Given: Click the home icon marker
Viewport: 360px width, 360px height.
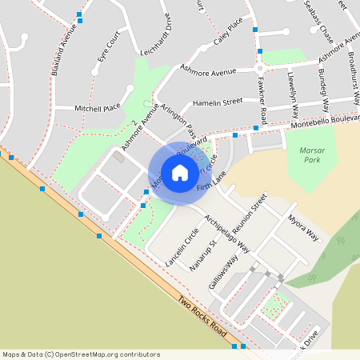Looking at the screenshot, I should click(x=179, y=173).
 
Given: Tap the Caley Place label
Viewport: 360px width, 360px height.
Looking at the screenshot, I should click(x=228, y=34).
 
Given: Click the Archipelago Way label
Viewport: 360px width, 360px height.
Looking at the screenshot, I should click(x=226, y=233).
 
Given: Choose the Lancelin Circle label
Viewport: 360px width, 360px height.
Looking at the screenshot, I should click(x=182, y=247).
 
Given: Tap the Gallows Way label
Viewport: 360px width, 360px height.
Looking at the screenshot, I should click(x=223, y=273).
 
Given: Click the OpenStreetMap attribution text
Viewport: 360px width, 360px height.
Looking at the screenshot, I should click(x=81, y=354).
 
